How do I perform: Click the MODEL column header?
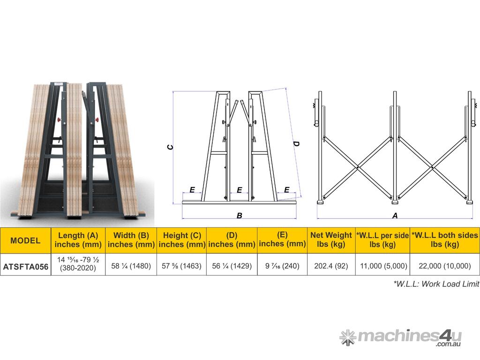25,240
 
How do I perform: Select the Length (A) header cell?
78,240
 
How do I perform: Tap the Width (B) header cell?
131,240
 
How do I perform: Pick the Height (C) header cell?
182,240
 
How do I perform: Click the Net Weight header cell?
331,240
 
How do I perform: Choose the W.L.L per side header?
382,240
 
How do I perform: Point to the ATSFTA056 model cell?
25,266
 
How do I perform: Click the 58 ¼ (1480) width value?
131,266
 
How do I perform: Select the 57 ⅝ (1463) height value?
182,266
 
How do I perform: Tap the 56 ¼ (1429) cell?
232,266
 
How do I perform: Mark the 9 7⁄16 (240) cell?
282,266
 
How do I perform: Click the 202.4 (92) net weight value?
331,266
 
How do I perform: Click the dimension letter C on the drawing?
171,147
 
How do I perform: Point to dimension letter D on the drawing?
296,143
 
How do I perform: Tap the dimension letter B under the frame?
240,216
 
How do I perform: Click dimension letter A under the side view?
395,216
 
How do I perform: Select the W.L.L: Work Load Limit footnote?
436,284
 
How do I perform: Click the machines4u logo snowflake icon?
348,337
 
